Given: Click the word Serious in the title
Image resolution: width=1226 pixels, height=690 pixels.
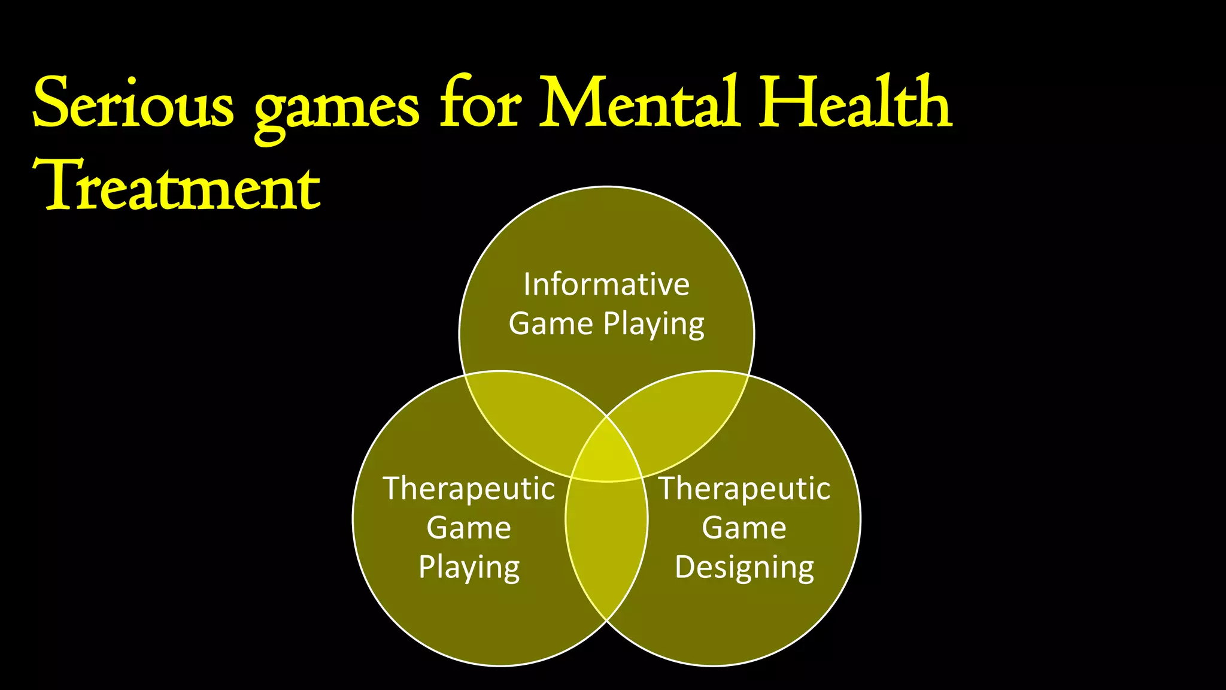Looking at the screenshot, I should tap(133, 103).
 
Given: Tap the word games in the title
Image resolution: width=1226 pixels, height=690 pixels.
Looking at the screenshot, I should tap(336, 108).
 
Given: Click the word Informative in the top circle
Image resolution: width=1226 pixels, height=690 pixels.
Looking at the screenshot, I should tap(606, 285).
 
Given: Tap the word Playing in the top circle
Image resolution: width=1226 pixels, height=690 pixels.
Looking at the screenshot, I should tap(654, 325).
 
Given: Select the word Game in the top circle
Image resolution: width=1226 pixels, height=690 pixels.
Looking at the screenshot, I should tap(551, 324).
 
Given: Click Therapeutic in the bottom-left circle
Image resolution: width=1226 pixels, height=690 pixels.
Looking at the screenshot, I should tap(469, 488).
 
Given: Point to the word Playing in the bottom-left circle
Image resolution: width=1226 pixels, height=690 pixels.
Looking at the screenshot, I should tap(469, 567).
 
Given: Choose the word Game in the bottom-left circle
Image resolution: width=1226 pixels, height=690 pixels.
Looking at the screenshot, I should tap(469, 528).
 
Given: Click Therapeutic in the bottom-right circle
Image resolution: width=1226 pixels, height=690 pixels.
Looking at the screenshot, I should tap(744, 488).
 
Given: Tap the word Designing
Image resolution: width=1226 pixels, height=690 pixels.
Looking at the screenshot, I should tap(744, 567).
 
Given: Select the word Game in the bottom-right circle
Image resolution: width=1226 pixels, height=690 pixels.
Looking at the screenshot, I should tap(744, 528).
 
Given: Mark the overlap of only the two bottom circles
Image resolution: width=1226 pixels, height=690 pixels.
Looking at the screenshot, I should tap(606, 539).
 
